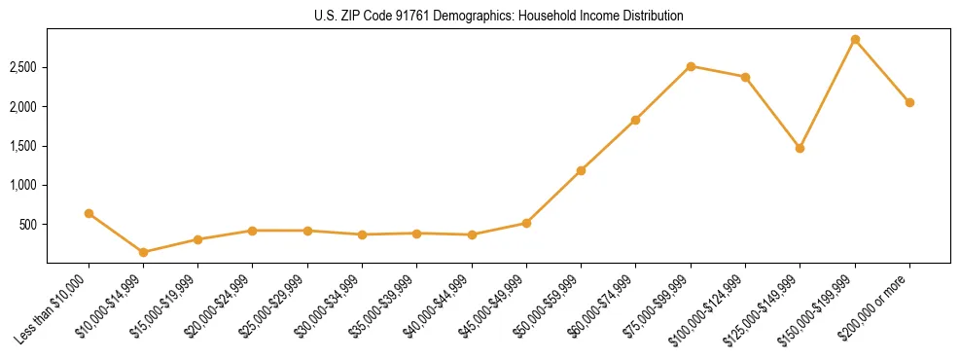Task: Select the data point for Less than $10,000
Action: [x=89, y=213]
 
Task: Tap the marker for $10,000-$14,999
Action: [x=144, y=252]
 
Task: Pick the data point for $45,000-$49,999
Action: [x=526, y=223]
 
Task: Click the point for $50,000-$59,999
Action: [x=581, y=170]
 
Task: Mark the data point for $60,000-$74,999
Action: [x=635, y=120]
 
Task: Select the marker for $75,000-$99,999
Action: [x=691, y=66]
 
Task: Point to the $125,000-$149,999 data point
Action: [x=800, y=148]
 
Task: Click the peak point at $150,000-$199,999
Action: [x=855, y=39]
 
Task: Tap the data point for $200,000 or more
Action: [x=909, y=102]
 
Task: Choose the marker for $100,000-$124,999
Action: [x=745, y=77]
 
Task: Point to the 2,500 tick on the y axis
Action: [x=24, y=67]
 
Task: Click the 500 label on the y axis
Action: [x=30, y=224]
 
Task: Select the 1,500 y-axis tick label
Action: [x=24, y=146]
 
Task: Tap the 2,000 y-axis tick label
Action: [x=24, y=106]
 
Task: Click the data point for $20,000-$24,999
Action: [x=253, y=231]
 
